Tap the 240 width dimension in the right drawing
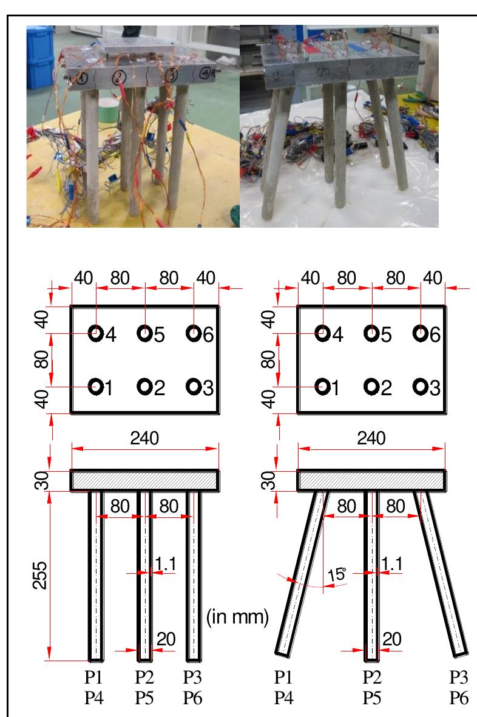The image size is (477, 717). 371,438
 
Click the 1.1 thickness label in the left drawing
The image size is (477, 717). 164,563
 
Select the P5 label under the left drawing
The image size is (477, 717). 144,698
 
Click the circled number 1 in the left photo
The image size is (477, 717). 83,77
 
